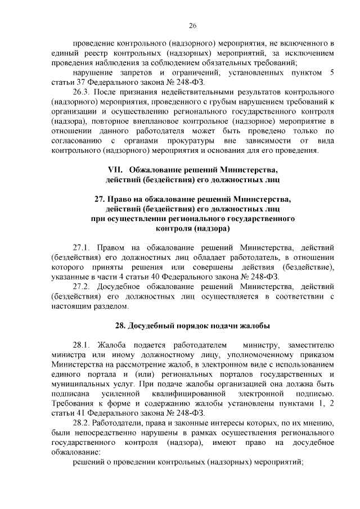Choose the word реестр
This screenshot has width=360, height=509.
pos(92,53)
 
